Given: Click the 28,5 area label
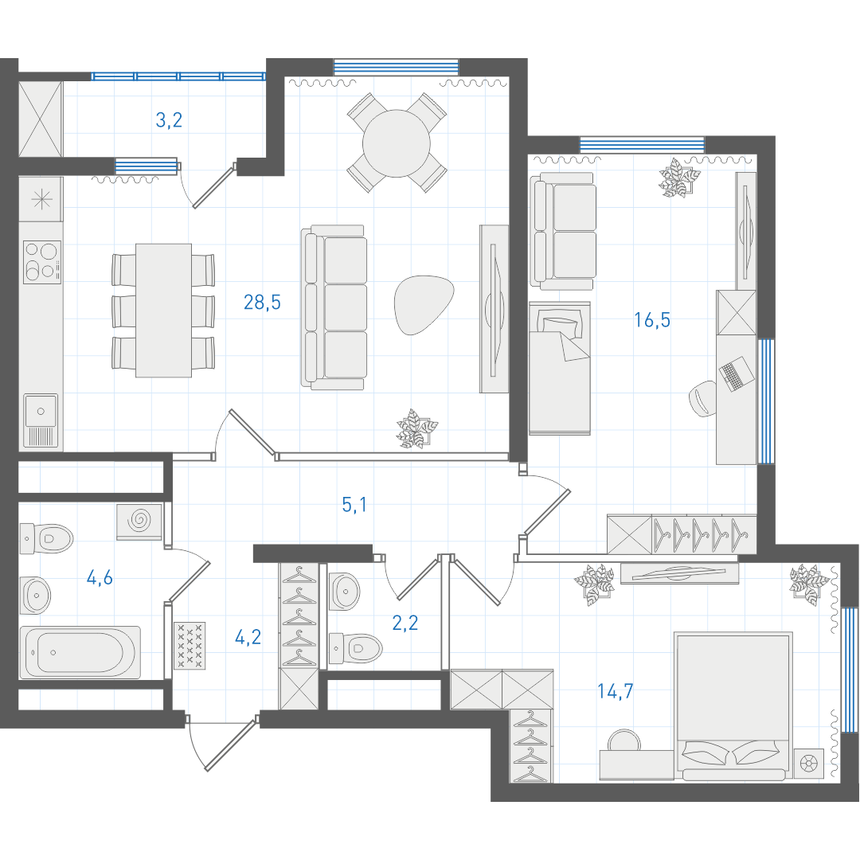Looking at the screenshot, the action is (262, 303).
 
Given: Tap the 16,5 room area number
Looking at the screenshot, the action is (652, 320).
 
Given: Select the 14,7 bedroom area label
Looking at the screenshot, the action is (616, 691).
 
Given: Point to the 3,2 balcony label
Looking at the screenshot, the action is (169, 119).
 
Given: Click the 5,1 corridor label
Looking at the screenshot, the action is (354, 505).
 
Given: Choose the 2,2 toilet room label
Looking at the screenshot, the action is (405, 623).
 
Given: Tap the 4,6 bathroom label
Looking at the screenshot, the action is (100, 577).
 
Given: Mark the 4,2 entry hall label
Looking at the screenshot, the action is (248, 637).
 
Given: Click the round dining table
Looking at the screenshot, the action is (397, 143).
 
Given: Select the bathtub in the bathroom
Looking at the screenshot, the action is (80, 653).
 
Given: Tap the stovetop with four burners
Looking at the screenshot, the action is (42, 262).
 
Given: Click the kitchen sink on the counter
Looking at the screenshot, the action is (41, 420).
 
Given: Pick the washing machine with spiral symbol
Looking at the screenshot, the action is (139, 522).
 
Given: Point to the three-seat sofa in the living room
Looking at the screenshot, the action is (334, 307).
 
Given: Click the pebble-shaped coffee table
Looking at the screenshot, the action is (424, 304).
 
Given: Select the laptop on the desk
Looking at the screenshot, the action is (736, 374).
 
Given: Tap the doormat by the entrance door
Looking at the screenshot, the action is (190, 646).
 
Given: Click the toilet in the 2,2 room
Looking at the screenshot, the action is (355, 649).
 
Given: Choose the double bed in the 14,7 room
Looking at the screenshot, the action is (733, 706).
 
